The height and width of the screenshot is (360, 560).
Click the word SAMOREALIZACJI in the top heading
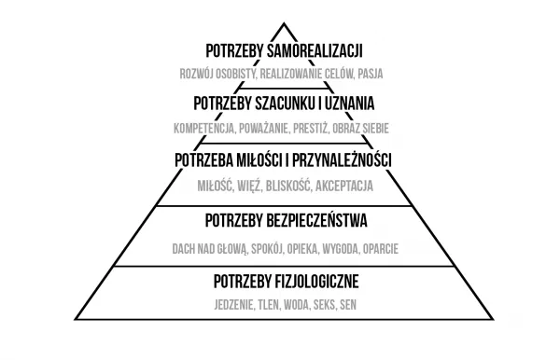point(315,48)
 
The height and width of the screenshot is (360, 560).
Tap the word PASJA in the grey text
point(370,72)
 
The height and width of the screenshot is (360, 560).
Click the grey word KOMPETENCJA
point(203,127)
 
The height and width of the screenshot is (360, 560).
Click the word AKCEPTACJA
point(345,186)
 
